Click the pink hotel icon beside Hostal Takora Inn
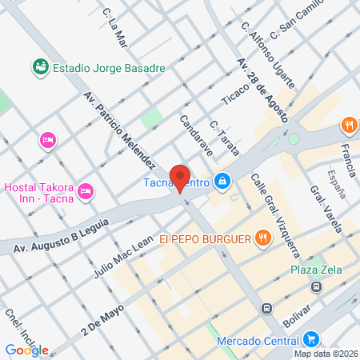87,191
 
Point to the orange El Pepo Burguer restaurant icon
262,238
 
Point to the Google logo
26,350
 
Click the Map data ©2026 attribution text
325,354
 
